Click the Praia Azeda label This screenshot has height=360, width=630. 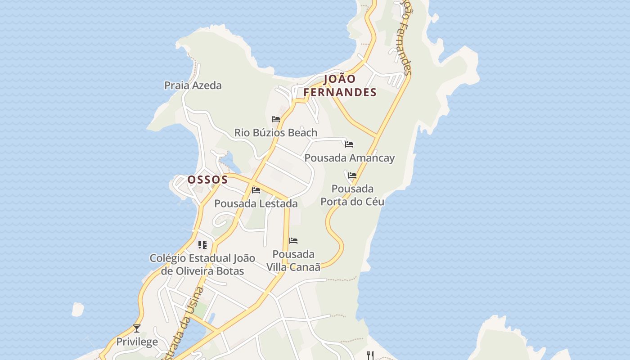click(193, 85)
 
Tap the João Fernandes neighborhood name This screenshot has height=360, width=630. click(340, 85)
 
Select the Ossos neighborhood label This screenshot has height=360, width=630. click(207, 180)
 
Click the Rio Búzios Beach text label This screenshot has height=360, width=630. click(275, 133)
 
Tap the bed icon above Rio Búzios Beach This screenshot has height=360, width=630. click(276, 119)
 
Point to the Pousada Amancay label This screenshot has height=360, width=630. click(349, 158)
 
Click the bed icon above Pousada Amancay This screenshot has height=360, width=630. click(349, 144)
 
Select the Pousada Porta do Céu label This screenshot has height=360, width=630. click(352, 195)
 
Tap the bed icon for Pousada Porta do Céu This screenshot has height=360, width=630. click(352, 175)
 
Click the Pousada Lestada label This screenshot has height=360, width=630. click(256, 203)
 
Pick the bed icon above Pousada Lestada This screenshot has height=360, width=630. click(256, 190)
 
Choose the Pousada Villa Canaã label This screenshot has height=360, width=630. click(293, 261)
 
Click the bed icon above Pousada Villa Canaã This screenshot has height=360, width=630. click(293, 241)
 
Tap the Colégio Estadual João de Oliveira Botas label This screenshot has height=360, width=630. click(202, 265)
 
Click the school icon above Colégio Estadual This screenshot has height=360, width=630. click(202, 245)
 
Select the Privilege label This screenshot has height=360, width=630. click(137, 342)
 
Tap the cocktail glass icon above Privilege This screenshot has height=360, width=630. click(137, 328)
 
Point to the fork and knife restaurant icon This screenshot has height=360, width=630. click(370, 355)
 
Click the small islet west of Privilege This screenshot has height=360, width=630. click(77, 309)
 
